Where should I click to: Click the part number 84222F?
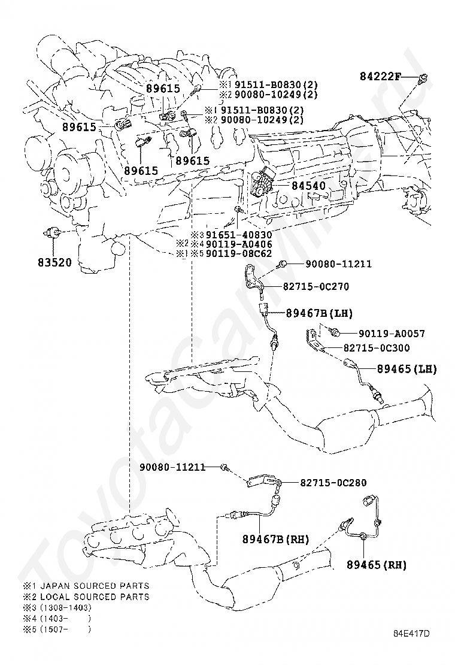tap(380, 77)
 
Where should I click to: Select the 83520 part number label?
tap(54, 262)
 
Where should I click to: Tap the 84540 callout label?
tap(308, 186)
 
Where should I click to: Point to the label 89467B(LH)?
tap(319, 313)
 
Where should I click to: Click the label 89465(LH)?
tap(407, 369)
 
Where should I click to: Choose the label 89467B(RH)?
tap(275, 539)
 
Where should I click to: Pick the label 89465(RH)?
tap(376, 564)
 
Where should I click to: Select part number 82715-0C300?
tap(377, 347)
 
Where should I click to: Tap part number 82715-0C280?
tap(333, 482)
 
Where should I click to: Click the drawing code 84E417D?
tap(411, 633)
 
